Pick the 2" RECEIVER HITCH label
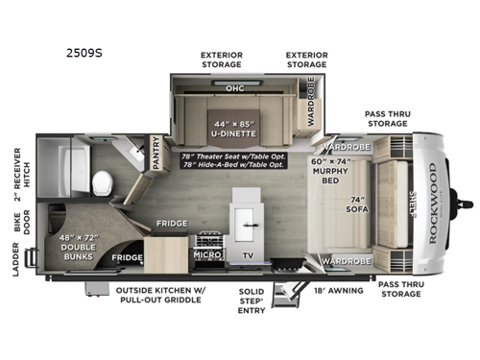tap(18, 172)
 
